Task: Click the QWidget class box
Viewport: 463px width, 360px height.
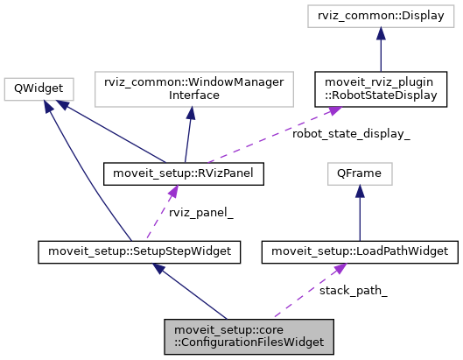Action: tap(39, 88)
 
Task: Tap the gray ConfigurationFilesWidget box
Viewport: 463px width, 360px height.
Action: tap(249, 335)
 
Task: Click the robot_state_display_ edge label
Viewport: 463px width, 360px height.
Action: tap(352, 134)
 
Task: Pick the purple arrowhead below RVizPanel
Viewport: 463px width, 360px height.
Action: tap(174, 191)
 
